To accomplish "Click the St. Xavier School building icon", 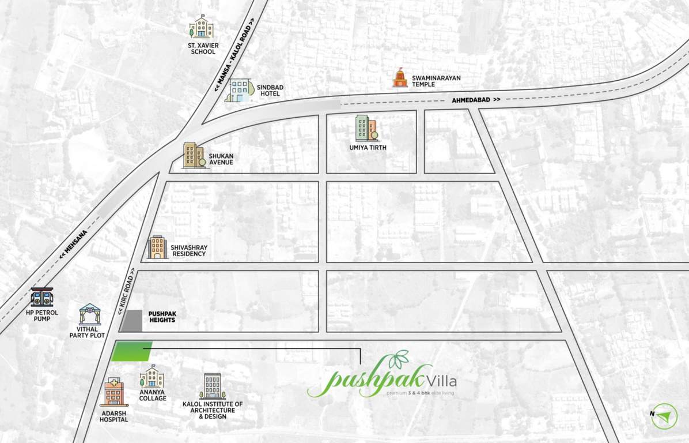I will (x=201, y=28).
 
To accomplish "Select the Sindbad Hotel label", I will (x=269, y=91).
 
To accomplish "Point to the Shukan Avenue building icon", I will (x=194, y=156).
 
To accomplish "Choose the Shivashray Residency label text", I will (x=188, y=250).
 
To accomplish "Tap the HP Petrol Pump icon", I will (x=42, y=297).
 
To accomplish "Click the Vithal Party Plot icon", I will (x=90, y=314).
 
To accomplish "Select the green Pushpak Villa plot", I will (x=131, y=351).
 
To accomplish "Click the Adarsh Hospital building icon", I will (x=113, y=393).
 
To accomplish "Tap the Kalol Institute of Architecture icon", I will (x=213, y=386).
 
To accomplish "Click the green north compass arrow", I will (x=664, y=415).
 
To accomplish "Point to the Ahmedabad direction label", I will (x=476, y=100).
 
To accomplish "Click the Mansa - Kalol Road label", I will (x=233, y=58).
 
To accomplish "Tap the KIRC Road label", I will (x=128, y=293).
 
